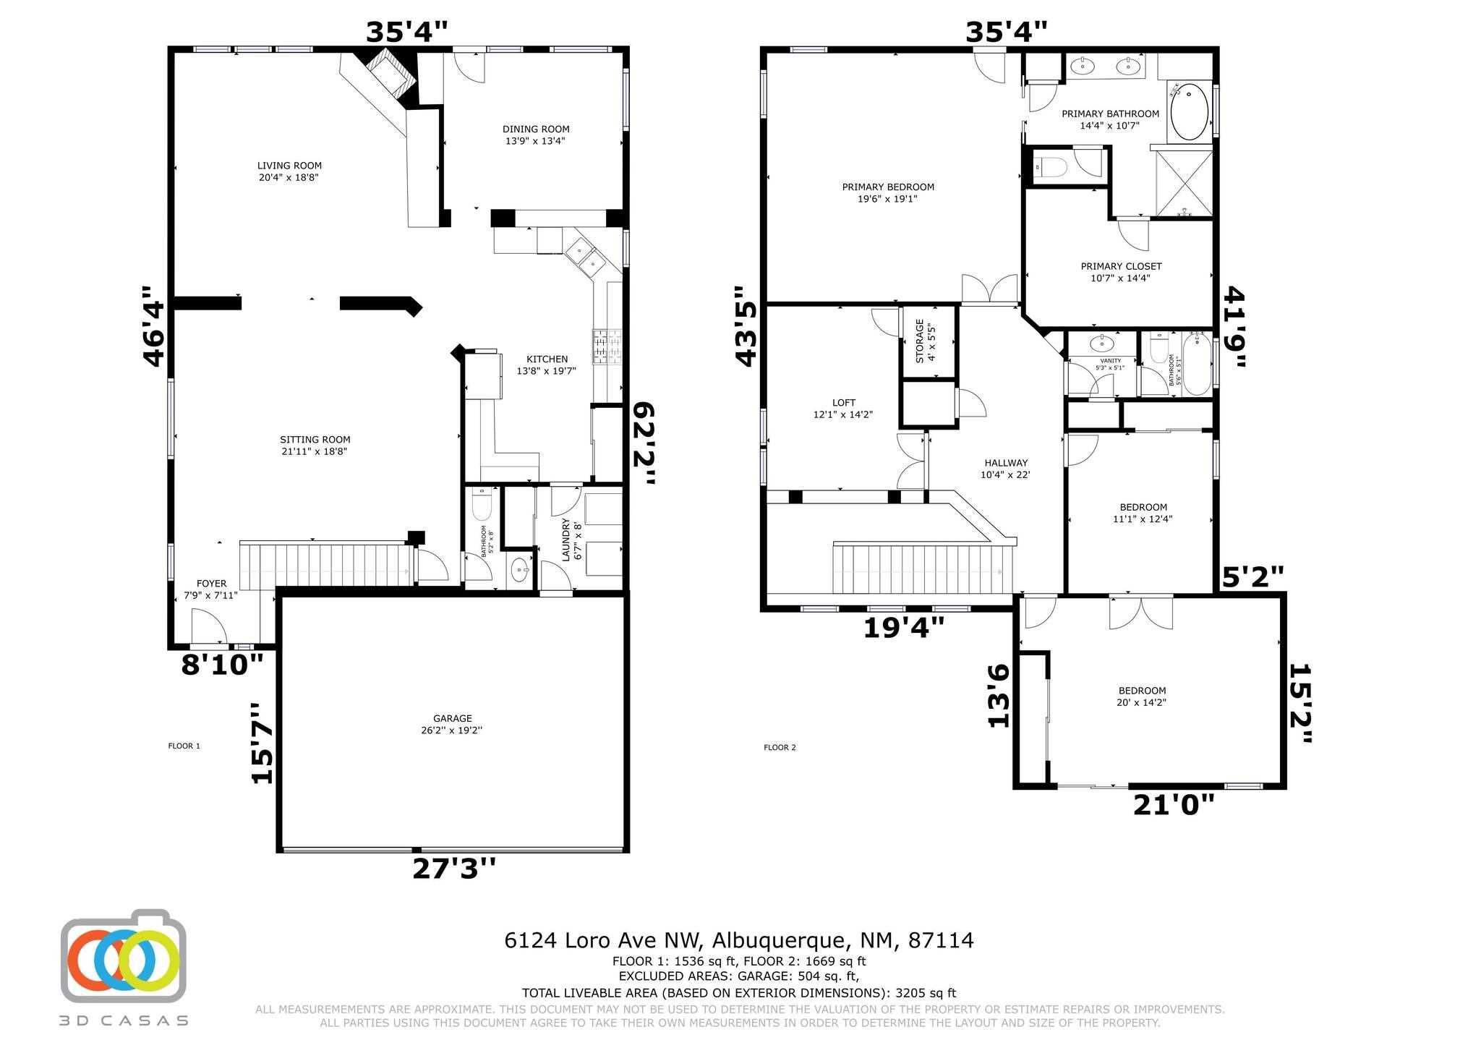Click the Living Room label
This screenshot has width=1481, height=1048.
pos(289,166)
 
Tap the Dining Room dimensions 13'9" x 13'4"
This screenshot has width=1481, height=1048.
pos(535,141)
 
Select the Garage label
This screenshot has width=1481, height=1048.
pos(453,718)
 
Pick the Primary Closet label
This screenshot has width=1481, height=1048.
pos(1121,266)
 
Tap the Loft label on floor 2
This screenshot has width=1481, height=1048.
pos(843,403)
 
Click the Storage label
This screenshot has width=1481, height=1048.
pos(920,341)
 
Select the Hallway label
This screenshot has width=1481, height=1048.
pos(1005,463)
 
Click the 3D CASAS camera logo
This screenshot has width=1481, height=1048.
pos(123,955)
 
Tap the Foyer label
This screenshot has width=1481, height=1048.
pos(211,584)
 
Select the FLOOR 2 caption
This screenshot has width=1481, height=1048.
pos(780,747)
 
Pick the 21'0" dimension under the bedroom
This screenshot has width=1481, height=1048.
pos(1173,805)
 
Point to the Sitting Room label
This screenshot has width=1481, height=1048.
pos(315,440)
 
